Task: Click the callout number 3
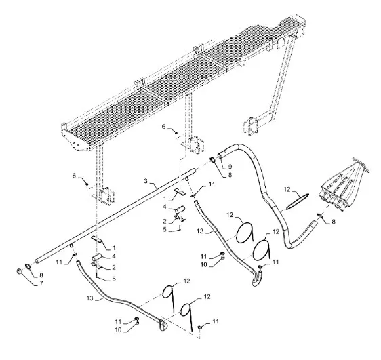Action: pos(146,181)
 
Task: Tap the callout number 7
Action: pos(41,283)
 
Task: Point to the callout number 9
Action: pos(230,167)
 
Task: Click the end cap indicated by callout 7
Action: pos(19,271)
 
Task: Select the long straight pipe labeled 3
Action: pos(116,215)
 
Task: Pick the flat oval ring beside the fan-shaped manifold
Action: pos(298,201)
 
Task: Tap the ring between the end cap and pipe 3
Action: pos(28,266)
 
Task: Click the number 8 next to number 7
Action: pos(41,275)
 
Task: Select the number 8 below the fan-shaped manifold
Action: pos(334,222)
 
